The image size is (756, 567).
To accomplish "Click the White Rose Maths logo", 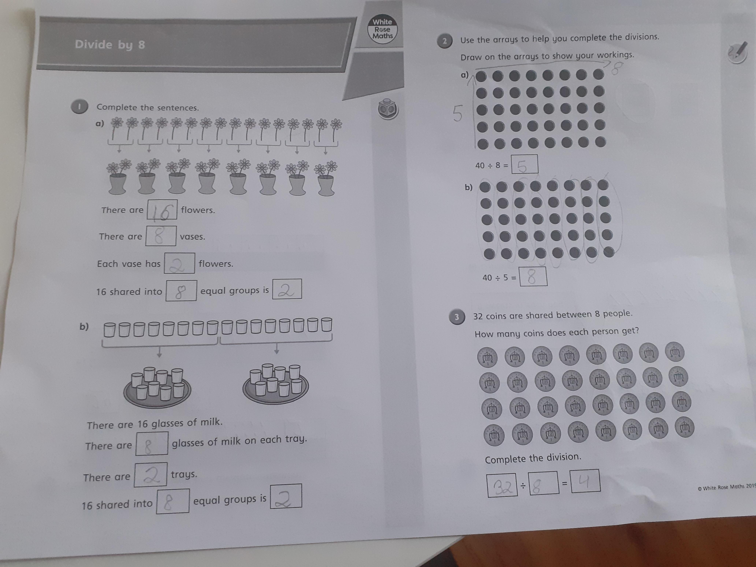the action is click(382, 29).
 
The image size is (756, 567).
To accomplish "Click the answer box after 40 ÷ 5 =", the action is click(533, 277).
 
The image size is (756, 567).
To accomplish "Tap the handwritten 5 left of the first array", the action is click(458, 114).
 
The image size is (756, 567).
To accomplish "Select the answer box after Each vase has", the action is click(179, 263).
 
